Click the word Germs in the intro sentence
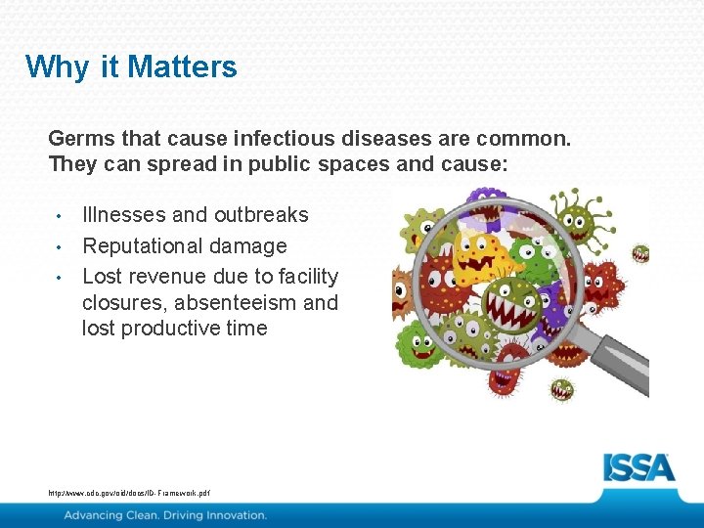(x=78, y=139)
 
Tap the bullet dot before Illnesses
(x=60, y=215)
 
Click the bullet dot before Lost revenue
(x=60, y=277)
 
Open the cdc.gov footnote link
(x=128, y=494)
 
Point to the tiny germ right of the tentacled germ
(x=640, y=253)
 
